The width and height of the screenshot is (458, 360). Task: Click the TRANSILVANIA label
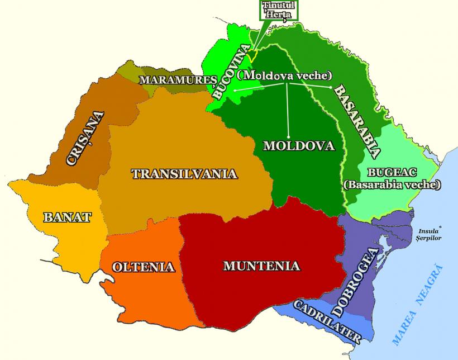click(184, 174)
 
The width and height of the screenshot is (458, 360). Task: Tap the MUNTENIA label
click(261, 266)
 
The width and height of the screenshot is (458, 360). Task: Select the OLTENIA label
click(144, 267)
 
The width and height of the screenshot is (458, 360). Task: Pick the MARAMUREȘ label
click(178, 80)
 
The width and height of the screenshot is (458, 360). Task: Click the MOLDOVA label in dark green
click(298, 146)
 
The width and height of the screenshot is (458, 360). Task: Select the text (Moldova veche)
click(284, 75)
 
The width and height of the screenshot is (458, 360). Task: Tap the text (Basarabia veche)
click(392, 184)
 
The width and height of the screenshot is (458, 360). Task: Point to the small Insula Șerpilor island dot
click(440, 226)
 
